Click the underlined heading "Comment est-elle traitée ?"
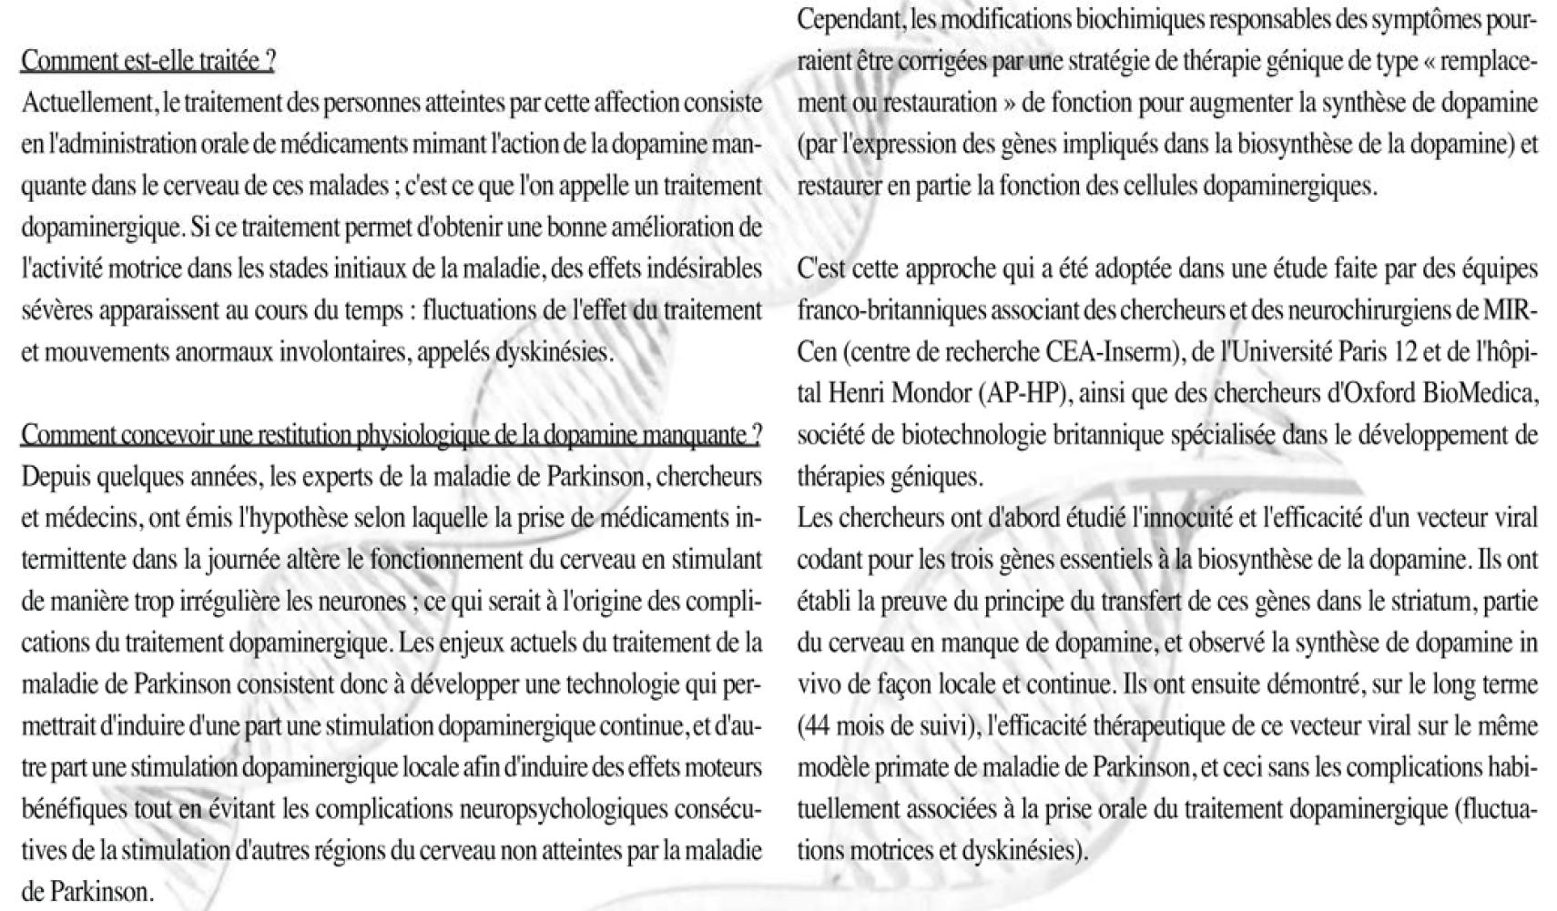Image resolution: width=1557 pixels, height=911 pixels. [x=148, y=61]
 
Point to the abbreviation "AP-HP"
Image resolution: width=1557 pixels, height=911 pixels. [x=1019, y=394]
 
